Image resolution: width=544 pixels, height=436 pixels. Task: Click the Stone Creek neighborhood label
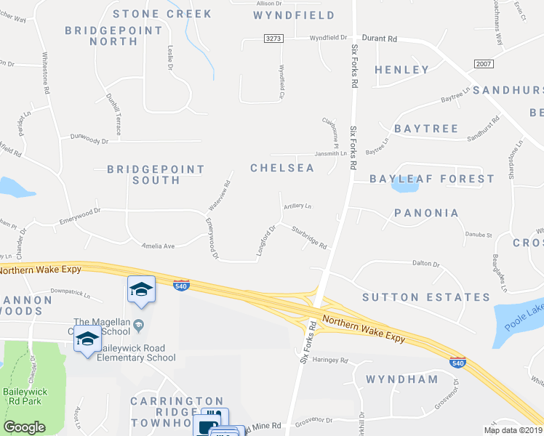162,14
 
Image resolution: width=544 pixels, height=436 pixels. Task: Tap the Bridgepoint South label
156,174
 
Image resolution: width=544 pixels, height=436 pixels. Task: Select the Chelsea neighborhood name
282,168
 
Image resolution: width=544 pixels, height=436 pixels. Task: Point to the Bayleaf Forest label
432,179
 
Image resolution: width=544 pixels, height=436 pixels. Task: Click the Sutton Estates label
426,297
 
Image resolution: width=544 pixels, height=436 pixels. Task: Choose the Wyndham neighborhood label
402,379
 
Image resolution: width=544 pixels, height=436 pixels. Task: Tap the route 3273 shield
273,39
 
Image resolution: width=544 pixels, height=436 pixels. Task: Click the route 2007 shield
484,65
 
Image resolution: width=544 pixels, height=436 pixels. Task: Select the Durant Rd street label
380,39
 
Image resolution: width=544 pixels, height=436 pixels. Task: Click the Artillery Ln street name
297,206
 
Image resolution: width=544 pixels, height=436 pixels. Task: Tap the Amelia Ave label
159,246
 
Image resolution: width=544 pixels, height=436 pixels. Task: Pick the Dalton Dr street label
426,264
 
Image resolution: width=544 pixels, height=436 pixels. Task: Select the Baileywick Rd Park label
23,396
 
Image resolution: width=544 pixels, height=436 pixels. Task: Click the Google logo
25,427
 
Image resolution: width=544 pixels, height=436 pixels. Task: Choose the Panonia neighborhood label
426,214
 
